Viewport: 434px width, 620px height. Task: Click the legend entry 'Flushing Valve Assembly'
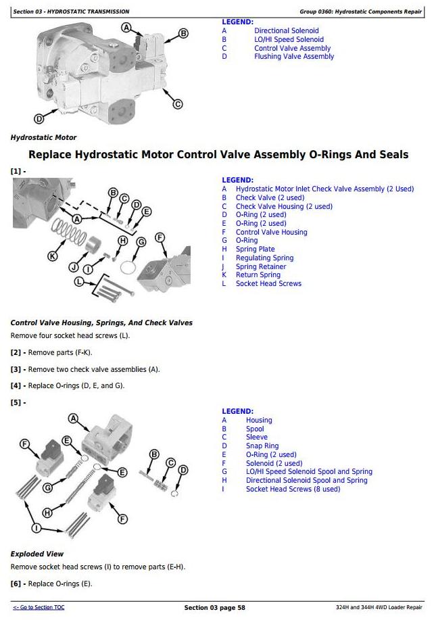point(294,57)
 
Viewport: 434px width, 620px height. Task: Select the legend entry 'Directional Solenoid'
point(286,31)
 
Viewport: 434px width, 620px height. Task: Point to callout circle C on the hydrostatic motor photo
point(178,104)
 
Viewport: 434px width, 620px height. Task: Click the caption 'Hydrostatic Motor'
point(43,137)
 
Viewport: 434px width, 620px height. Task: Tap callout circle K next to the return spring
point(53,256)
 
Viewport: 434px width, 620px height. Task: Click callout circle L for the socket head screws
point(79,281)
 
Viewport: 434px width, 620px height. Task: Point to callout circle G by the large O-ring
point(141,241)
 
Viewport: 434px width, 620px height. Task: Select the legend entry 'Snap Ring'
point(262,446)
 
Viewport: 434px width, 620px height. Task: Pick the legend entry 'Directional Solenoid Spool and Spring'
point(306,481)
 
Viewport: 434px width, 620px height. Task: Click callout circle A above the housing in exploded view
point(74,419)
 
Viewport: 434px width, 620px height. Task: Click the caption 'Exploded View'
point(37,554)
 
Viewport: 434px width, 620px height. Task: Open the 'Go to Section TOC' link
point(39,608)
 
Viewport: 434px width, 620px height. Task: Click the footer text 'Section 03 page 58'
point(214,608)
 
